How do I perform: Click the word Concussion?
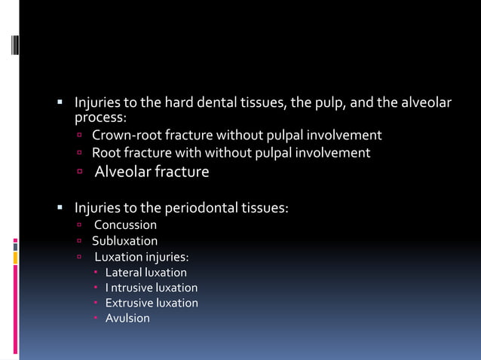coord(125,225)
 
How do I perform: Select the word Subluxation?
coord(125,241)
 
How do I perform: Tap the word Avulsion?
coord(127,319)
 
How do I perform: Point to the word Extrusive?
coord(129,303)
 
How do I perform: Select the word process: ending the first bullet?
coord(100,118)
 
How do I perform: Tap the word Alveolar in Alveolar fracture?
coord(122,172)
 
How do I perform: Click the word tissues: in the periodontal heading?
coord(264,209)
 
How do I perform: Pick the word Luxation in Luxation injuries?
coord(127,257)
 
